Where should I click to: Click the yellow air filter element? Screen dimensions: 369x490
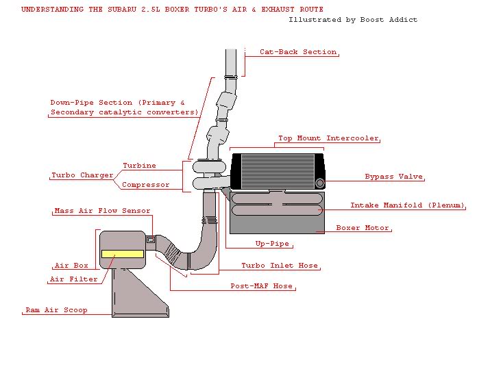(122, 254)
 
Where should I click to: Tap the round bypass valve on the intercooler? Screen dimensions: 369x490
(320, 182)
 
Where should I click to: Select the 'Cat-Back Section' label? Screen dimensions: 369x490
(298, 52)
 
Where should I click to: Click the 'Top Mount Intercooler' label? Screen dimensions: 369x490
(328, 138)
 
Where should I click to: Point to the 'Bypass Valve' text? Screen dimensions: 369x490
(393, 177)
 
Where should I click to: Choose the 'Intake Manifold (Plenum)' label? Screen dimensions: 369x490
(407, 205)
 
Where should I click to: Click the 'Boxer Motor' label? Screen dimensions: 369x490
(363, 228)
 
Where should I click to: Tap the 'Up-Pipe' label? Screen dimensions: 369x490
(272, 244)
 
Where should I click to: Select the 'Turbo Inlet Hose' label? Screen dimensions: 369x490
(280, 266)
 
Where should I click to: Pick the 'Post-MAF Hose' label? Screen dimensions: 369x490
(264, 286)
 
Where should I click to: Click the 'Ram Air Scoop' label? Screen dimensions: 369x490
(56, 310)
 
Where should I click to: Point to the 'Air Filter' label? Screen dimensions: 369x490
(74, 279)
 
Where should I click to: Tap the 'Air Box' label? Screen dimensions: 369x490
(71, 266)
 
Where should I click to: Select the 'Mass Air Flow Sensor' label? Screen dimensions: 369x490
(102, 211)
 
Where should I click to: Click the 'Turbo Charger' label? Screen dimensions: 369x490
(82, 175)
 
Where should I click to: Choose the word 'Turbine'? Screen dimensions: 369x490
(139, 166)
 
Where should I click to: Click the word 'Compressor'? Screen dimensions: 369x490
(145, 185)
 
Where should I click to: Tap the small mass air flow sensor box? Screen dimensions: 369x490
(151, 240)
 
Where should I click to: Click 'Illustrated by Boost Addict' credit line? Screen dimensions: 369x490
(353, 20)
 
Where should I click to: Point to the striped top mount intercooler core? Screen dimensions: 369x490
(277, 170)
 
